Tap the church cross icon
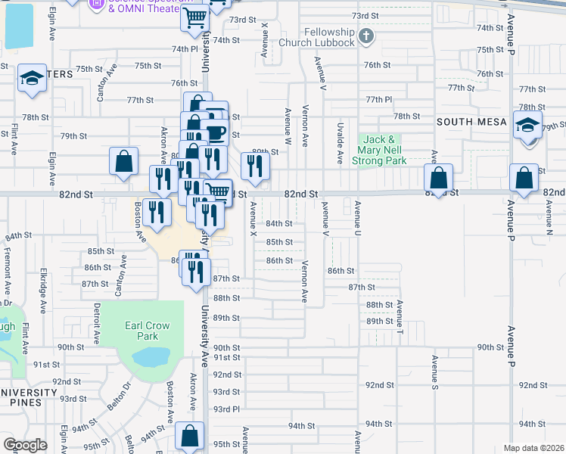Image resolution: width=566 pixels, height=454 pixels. (x=366, y=36)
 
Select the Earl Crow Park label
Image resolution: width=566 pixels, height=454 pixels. (x=148, y=330)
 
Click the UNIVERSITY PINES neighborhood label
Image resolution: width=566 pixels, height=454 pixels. (x=29, y=397)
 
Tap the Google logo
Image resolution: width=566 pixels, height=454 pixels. (x=25, y=445)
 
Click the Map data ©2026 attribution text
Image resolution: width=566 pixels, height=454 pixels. (x=533, y=448)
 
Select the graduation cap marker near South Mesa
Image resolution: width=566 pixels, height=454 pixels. (x=527, y=125)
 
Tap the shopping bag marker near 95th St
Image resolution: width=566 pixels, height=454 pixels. (x=189, y=437)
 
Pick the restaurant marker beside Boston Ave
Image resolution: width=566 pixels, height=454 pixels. (x=157, y=212)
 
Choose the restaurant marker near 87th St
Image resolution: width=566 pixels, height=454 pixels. (x=197, y=272)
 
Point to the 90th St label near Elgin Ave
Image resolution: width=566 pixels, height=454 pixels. (x=70, y=347)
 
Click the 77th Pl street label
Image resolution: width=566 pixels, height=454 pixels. (x=378, y=100)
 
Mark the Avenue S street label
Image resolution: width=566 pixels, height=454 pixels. (x=435, y=373)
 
